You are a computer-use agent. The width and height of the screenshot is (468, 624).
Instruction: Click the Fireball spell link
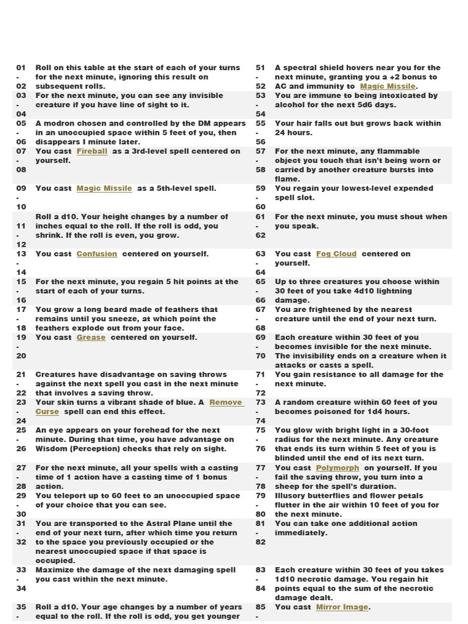92,151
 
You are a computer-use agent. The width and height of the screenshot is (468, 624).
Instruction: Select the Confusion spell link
97,253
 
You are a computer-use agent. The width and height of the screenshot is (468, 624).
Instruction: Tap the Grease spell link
91,337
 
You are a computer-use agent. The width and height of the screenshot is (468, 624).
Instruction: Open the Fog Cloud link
336,253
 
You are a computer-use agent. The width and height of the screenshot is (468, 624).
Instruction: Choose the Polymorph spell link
338,467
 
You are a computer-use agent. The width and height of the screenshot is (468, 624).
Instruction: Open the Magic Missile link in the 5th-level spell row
104,188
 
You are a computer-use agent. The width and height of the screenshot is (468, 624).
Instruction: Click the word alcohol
289,105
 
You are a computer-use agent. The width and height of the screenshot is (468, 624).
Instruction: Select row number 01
21,68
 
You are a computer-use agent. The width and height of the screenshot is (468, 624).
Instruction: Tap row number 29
21,495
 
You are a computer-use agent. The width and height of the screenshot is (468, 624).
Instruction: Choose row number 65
261,282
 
